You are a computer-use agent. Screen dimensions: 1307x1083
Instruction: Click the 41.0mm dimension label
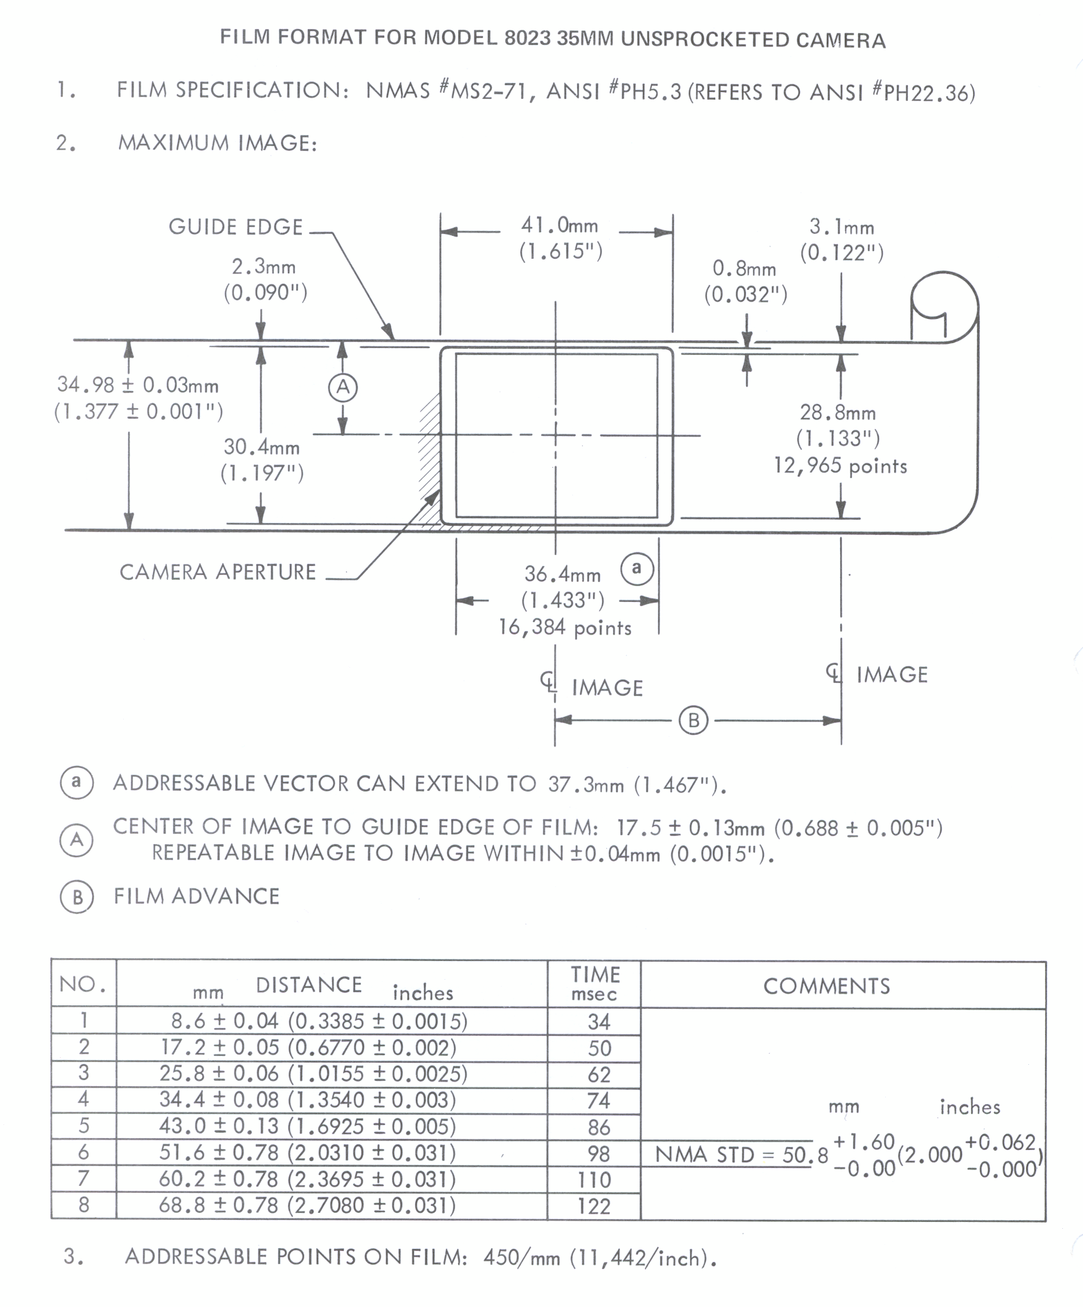(x=559, y=226)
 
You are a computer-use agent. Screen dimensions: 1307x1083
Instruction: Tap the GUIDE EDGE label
(x=236, y=228)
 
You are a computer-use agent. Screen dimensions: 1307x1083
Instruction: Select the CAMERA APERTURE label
(x=217, y=572)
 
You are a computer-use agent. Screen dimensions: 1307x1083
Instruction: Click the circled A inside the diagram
(x=343, y=387)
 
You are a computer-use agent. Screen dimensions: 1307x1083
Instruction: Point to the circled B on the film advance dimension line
(x=693, y=721)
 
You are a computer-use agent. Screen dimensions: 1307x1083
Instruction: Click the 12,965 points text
(x=840, y=466)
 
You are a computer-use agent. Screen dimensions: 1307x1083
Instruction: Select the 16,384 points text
(x=565, y=628)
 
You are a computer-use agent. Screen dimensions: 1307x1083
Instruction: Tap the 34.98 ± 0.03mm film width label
(x=138, y=385)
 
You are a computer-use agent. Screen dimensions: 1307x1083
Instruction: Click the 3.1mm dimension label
(x=841, y=227)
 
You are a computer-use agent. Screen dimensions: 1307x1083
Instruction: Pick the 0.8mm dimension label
(x=745, y=268)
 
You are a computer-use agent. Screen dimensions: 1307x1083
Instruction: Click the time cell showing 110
(x=594, y=1180)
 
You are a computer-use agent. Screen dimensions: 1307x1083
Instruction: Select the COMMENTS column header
(x=826, y=986)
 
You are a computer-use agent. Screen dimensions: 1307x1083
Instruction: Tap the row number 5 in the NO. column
(x=84, y=1126)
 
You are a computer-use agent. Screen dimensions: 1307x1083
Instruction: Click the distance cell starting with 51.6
(x=307, y=1153)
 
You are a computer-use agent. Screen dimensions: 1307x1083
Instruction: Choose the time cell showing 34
(x=599, y=1022)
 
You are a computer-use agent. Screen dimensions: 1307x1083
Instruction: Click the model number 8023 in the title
(x=527, y=38)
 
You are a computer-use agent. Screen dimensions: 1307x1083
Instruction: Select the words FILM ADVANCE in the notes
(x=197, y=897)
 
